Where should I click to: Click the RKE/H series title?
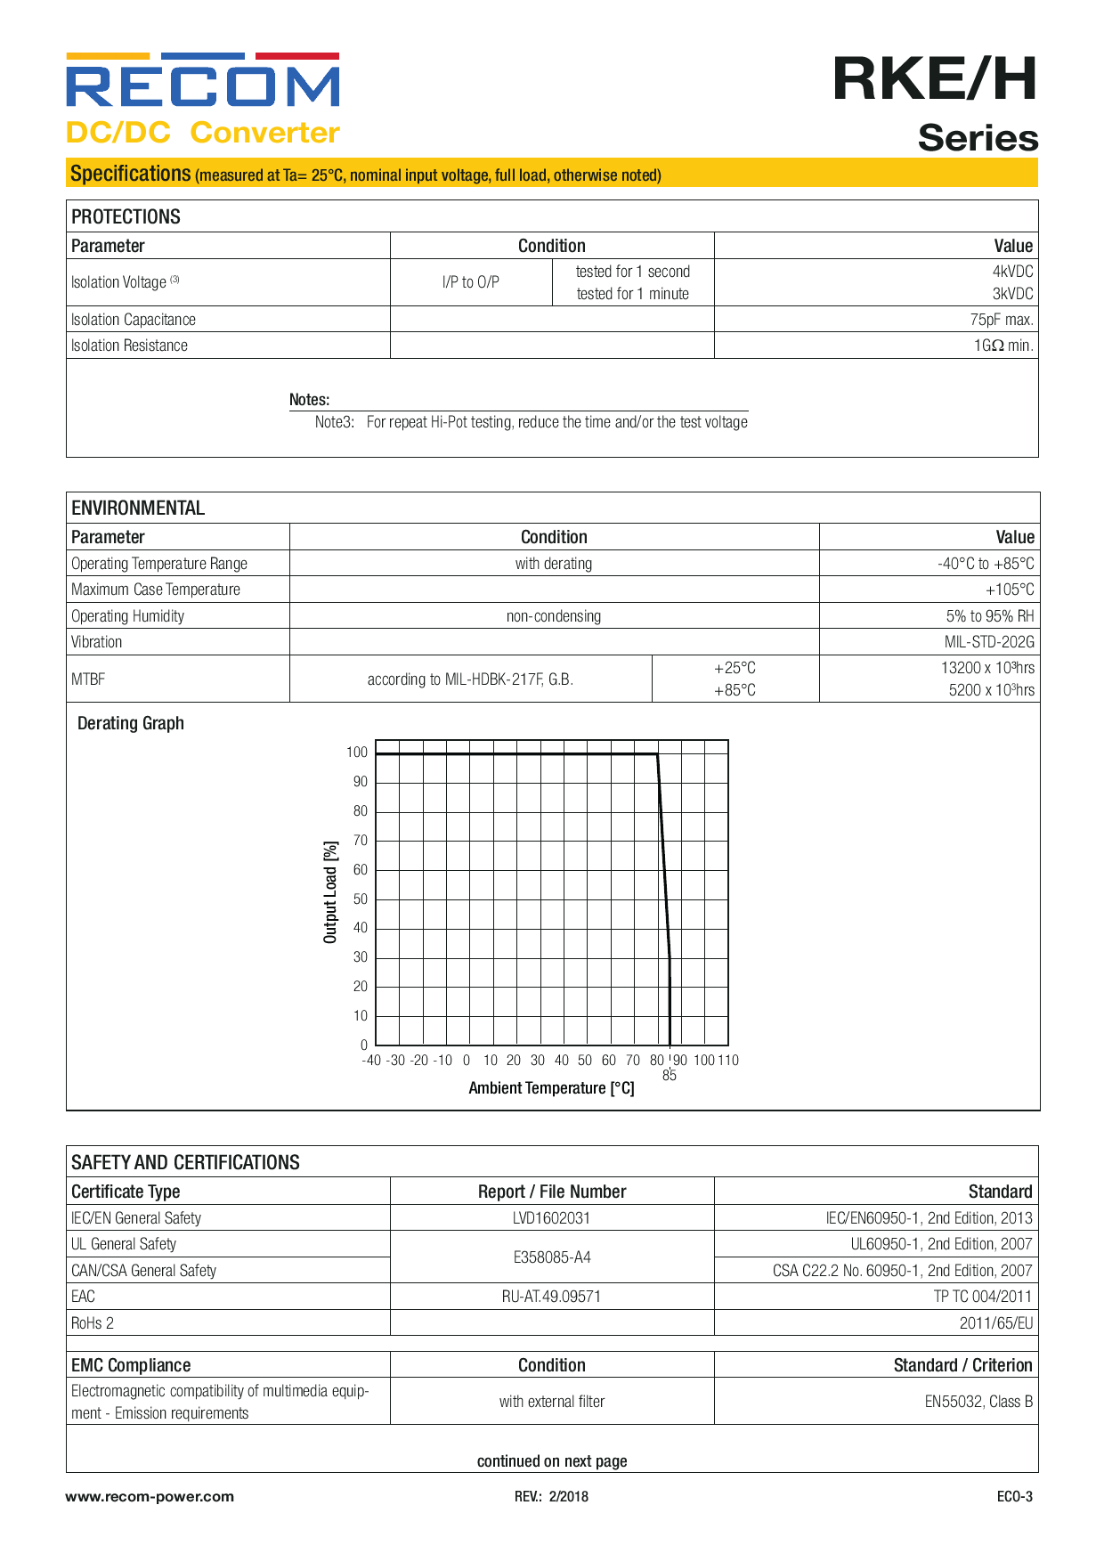(x=935, y=79)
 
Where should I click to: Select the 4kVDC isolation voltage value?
(x=1012, y=272)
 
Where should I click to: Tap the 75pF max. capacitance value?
(x=1001, y=320)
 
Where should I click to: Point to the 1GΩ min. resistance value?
(x=1003, y=346)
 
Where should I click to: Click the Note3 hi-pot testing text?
(x=532, y=422)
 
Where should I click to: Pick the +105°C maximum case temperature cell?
(x=1010, y=590)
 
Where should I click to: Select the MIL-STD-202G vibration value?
(x=989, y=642)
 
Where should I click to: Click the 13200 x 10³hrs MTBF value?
(x=987, y=668)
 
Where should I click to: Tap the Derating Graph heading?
(x=131, y=723)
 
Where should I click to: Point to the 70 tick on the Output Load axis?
(x=361, y=841)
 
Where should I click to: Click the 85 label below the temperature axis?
(x=670, y=1076)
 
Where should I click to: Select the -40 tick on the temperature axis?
(x=371, y=1061)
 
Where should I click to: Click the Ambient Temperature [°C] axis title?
(x=551, y=1088)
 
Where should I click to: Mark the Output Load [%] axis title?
(x=330, y=892)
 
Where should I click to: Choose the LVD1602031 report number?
(x=551, y=1218)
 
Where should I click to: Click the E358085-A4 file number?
(x=551, y=1257)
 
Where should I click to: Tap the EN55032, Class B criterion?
(x=978, y=1402)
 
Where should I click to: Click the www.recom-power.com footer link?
(x=150, y=1497)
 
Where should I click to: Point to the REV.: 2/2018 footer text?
(x=551, y=1497)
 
